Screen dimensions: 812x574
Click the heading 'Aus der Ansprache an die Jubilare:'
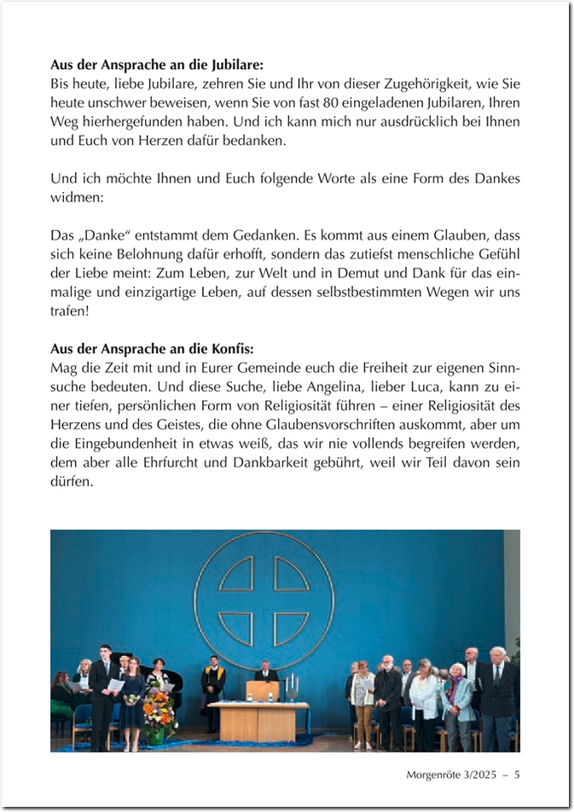click(157, 65)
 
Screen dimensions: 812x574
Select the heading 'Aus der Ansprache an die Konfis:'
click(152, 349)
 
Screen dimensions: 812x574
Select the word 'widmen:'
click(76, 197)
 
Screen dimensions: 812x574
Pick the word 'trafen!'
click(72, 310)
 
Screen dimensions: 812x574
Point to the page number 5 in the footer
click(517, 775)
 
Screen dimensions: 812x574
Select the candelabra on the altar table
click(293, 687)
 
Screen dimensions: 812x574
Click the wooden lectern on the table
click(263, 690)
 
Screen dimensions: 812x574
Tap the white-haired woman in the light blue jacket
click(458, 699)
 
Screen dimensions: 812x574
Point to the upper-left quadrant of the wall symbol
click(238, 575)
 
